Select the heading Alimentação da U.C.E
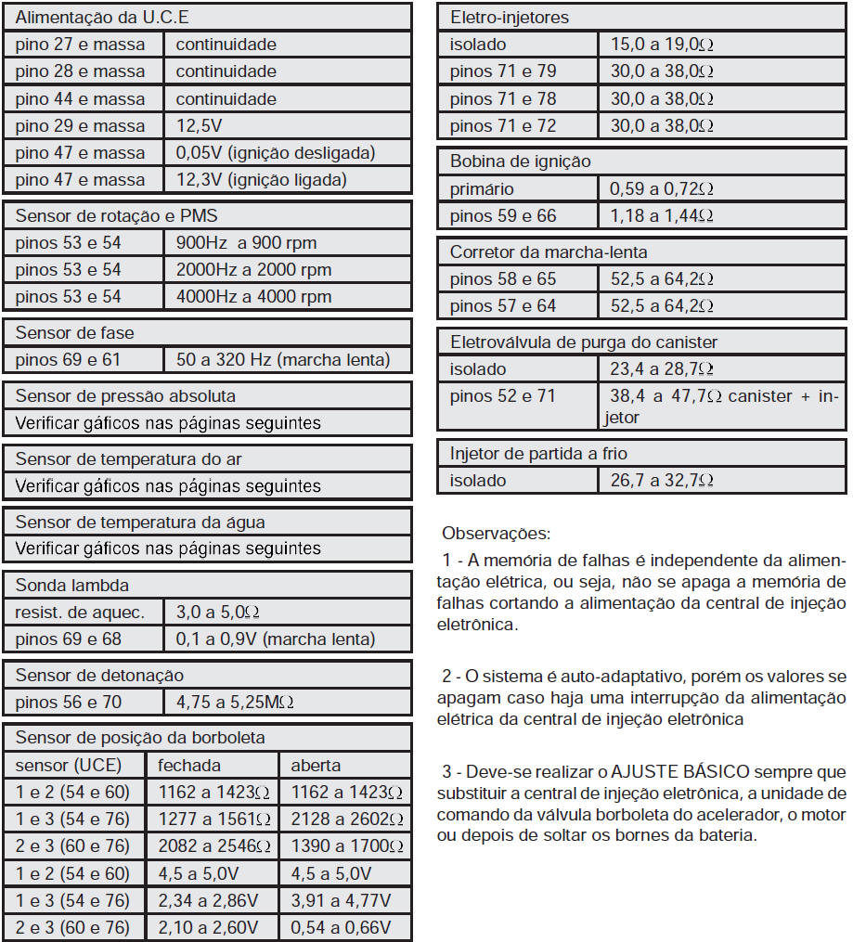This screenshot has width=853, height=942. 103,18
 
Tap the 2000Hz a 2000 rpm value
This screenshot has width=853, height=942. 253,270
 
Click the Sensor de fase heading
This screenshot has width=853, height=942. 75,333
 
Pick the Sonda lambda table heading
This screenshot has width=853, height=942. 72,586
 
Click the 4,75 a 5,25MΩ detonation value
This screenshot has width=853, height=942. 236,703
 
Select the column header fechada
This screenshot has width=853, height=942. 189,766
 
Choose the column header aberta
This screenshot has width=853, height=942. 316,766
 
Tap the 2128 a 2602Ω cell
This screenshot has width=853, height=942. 346,819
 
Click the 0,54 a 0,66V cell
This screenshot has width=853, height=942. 341,927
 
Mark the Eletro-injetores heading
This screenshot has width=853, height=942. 510,18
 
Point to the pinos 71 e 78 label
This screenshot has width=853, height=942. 503,99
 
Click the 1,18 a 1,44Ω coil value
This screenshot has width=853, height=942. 661,216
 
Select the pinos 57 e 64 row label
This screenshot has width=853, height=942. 503,306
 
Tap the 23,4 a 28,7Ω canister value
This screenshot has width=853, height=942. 661,369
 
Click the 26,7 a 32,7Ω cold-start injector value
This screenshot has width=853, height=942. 661,481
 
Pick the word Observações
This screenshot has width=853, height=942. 496,534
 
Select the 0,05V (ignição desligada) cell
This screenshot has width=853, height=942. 276,153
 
